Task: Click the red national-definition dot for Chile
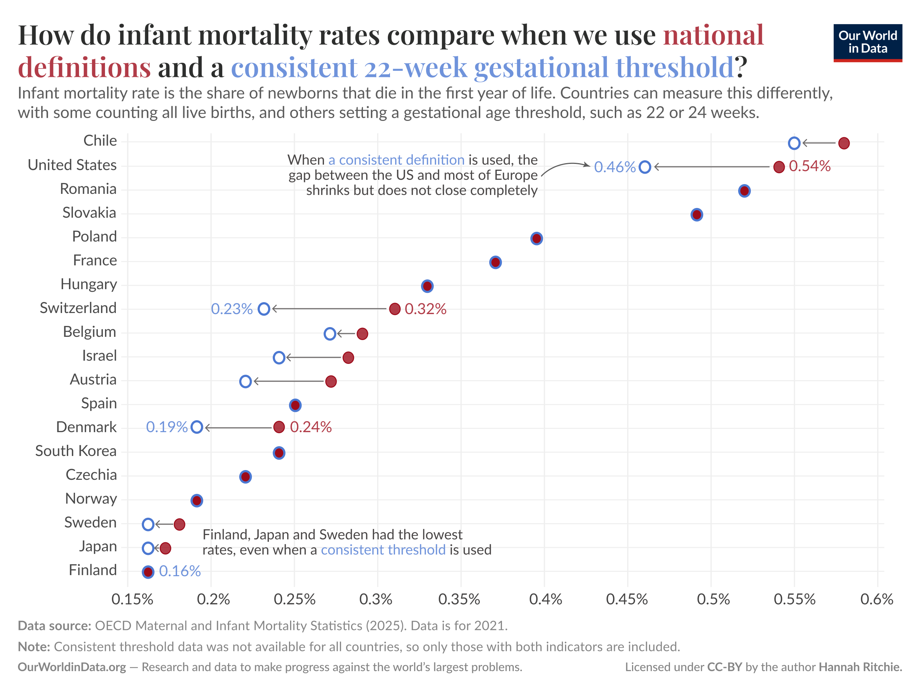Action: pyautogui.click(x=844, y=143)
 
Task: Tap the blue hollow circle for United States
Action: pyautogui.click(x=645, y=167)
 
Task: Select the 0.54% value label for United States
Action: pyautogui.click(x=809, y=166)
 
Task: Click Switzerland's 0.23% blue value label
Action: pyautogui.click(x=232, y=309)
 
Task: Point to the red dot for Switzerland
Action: pyautogui.click(x=395, y=309)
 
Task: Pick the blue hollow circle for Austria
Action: pyautogui.click(x=245, y=381)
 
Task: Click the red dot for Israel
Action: pyautogui.click(x=348, y=357)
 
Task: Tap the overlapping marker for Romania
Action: pyautogui.click(x=744, y=191)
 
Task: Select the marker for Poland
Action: pyautogui.click(x=536, y=239)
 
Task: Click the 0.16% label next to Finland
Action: pyautogui.click(x=180, y=571)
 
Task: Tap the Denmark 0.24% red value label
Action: pyautogui.click(x=311, y=427)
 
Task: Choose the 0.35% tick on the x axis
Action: pyautogui.click(x=459, y=599)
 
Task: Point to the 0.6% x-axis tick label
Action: pyautogui.click(x=877, y=599)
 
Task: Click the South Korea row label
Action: pyautogui.click(x=76, y=451)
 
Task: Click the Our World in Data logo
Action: pyautogui.click(x=868, y=43)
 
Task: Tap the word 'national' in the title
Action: pyautogui.click(x=713, y=35)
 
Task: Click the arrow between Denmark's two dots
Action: pyautogui.click(x=239, y=427)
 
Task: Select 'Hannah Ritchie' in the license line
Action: pyautogui.click(x=860, y=667)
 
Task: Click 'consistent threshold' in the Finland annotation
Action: pyautogui.click(x=383, y=550)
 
